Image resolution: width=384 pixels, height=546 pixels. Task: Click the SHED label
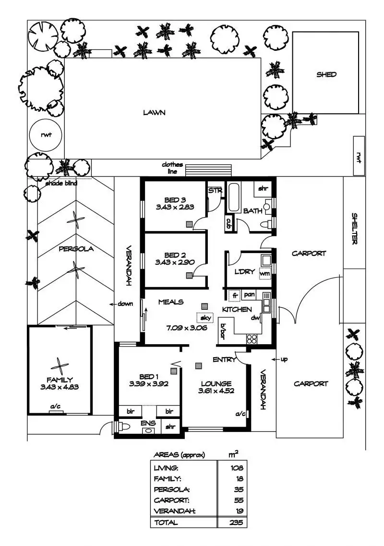point(326,75)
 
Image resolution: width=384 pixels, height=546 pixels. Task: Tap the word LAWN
point(154,113)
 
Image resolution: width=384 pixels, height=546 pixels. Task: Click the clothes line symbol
point(208,171)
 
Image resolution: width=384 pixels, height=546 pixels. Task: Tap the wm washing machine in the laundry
point(265,273)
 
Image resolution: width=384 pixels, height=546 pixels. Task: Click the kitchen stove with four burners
point(252,338)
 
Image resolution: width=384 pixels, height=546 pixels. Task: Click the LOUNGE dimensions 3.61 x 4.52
point(216,390)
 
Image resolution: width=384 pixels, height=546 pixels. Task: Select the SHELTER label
point(355,229)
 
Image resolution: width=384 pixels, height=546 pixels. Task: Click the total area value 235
point(237,523)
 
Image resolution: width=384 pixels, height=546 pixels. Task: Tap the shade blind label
point(61,183)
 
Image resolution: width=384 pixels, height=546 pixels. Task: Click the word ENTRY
point(224,360)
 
